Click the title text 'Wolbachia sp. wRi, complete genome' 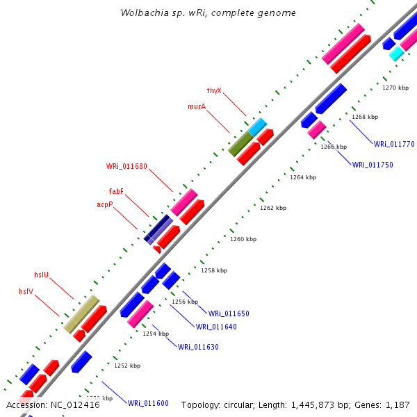tap(208, 13)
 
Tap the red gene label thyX tap(214, 91)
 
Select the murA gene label tap(197, 107)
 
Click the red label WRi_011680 tap(126, 167)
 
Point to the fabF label tap(116, 192)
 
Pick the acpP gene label tap(105, 205)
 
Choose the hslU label tap(42, 275)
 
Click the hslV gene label tap(27, 292)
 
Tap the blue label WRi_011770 tap(394, 145)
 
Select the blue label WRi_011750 tap(373, 165)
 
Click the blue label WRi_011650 tap(229, 314)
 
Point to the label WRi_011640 tap(216, 327)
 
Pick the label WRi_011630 tap(198, 347)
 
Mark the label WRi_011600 tap(148, 403)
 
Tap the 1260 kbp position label tap(243, 239)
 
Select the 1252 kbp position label tap(127, 366)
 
